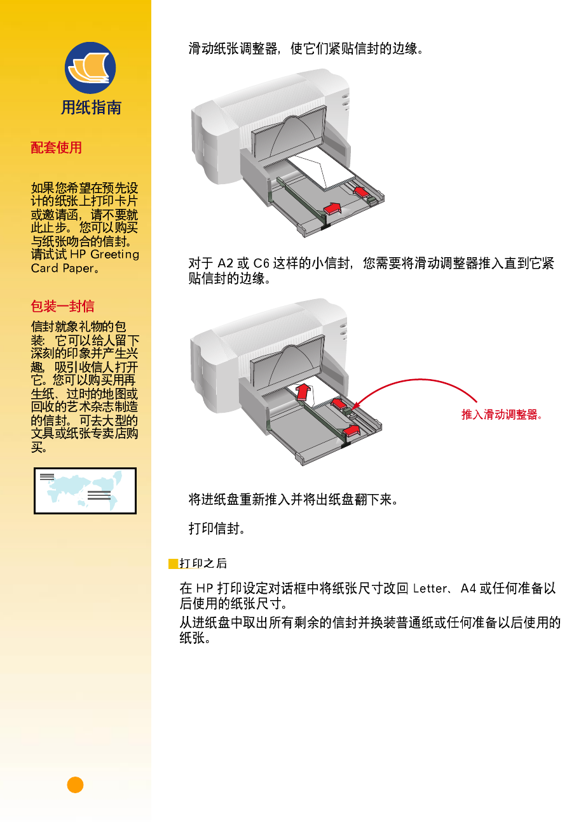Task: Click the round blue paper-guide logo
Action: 90,68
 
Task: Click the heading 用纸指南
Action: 91,108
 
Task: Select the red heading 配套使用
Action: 57,148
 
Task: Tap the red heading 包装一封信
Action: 62,307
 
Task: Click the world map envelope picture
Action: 85,491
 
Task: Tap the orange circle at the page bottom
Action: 75,785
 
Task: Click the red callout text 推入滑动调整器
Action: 501,415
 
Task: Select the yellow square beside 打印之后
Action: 173,564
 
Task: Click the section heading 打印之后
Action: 203,564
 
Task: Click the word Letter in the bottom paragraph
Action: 430,589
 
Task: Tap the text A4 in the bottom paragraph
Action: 468,589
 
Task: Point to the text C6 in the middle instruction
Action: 261,264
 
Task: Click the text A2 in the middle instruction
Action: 226,264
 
